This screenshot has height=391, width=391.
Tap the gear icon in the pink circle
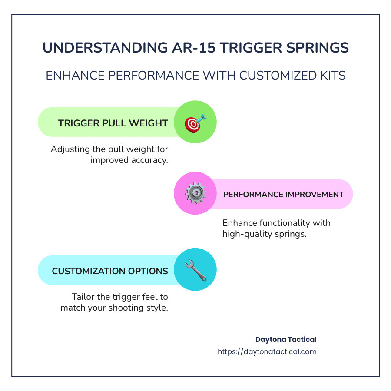coord(195,193)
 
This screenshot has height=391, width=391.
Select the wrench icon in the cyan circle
coord(195,270)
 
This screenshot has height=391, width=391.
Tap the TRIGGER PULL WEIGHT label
coord(113,123)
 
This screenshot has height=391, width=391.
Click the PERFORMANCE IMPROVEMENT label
coord(283,194)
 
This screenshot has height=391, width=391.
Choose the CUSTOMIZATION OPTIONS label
coord(110,271)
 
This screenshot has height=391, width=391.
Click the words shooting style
coord(139,308)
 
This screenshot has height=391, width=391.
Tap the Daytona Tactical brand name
coord(286,339)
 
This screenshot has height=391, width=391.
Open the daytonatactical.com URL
coord(267,351)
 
